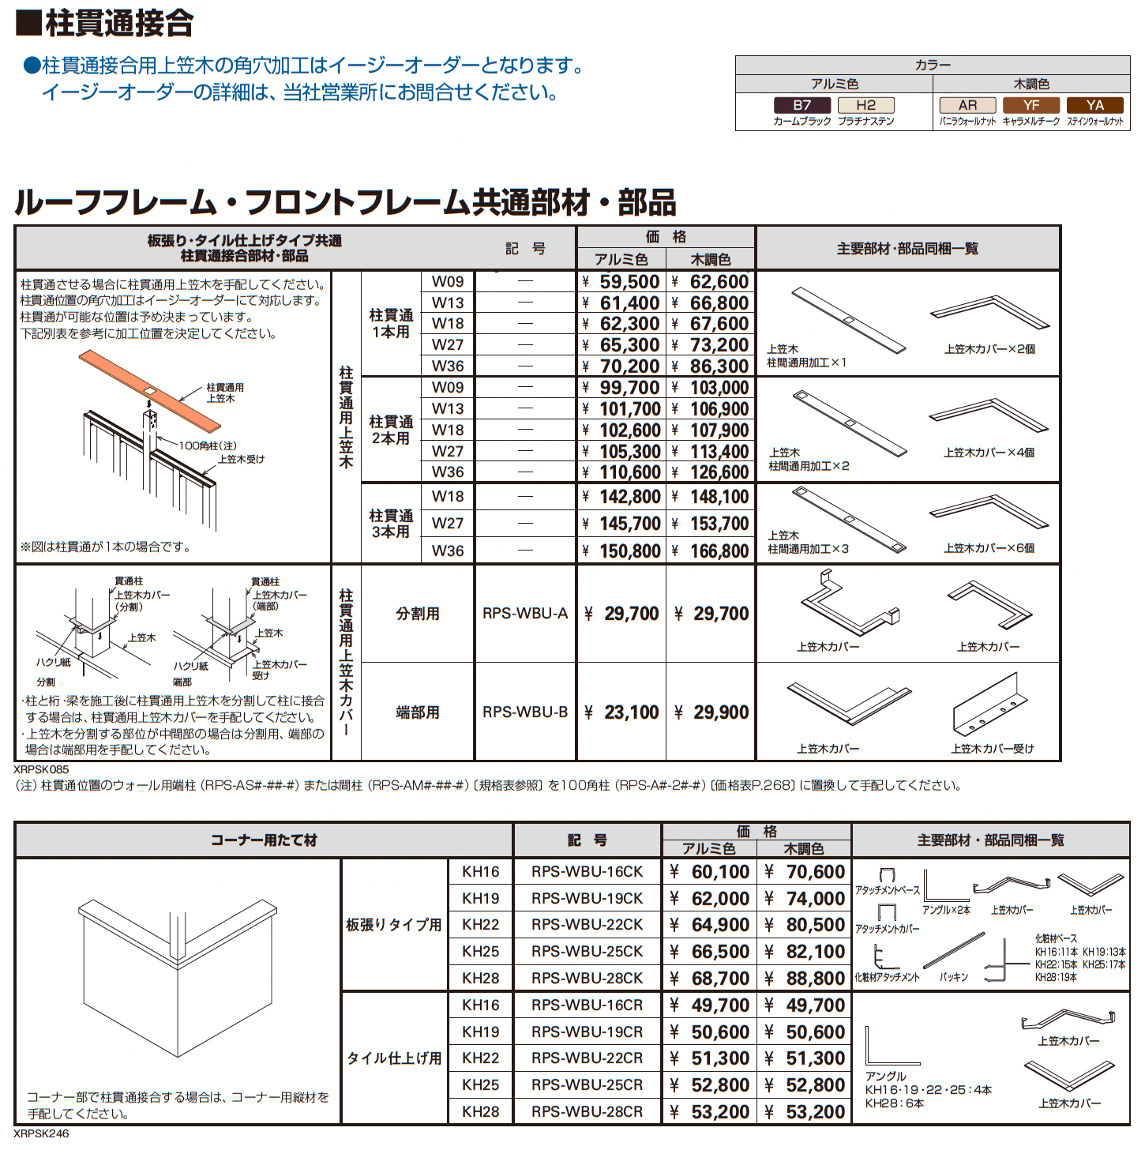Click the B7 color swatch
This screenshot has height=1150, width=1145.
[801, 105]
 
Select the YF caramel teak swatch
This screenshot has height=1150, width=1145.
[1031, 105]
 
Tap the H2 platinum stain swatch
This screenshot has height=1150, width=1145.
[865, 105]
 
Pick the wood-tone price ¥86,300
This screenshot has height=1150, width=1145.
[711, 366]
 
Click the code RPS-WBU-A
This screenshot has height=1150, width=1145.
[525, 614]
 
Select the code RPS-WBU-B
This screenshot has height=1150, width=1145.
[525, 712]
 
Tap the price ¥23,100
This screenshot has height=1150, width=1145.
[622, 712]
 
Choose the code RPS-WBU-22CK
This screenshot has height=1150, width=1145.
[587, 925]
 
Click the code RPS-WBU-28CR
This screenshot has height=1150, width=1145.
[587, 1112]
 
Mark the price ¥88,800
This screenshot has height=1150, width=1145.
[806, 979]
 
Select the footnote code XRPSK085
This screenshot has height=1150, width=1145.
[41, 769]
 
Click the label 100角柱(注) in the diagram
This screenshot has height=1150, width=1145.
[207, 446]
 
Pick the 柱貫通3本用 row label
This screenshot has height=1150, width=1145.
[391, 524]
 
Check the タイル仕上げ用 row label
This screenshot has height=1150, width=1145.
[394, 1058]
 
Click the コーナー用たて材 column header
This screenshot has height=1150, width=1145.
[264, 840]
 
